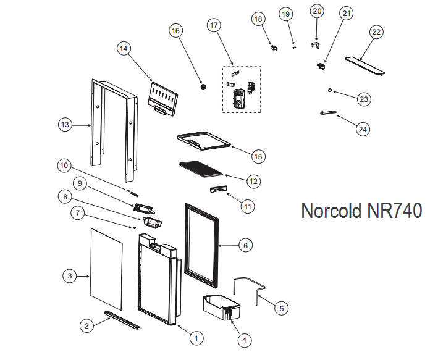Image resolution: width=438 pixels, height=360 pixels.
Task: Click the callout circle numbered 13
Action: (65, 125)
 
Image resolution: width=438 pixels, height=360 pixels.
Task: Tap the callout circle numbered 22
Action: (376, 31)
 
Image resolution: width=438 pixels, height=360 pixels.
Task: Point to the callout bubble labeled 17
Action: (214, 25)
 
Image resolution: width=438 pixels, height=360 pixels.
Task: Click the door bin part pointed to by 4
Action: (221, 308)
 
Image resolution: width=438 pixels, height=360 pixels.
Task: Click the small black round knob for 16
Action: (202, 88)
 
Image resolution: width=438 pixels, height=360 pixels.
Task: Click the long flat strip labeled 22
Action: (363, 65)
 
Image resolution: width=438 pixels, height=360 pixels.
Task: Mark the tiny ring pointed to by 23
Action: (331, 91)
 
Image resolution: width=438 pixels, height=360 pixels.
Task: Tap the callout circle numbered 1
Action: (196, 338)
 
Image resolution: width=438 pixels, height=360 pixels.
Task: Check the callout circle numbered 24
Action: (363, 128)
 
